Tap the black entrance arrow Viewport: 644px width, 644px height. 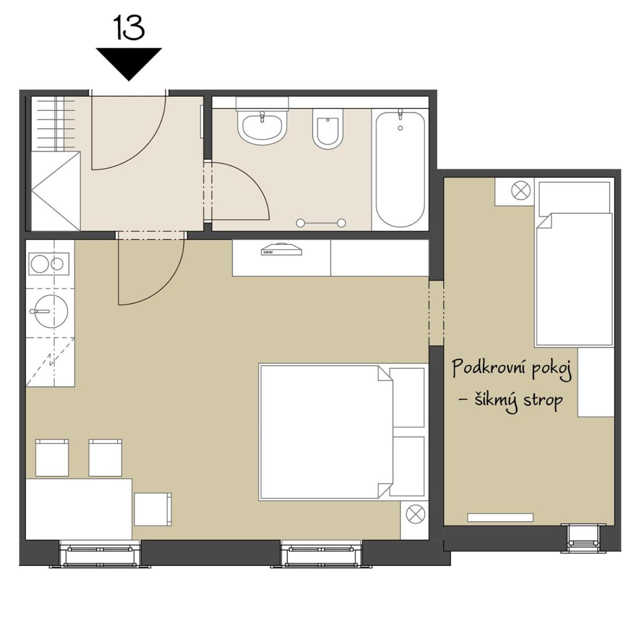129,64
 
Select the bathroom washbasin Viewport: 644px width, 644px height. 262,127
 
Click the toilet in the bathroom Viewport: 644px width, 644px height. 328,129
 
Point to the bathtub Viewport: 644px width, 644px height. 400,169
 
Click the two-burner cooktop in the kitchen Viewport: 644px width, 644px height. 49,264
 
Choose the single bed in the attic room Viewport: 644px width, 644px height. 574,263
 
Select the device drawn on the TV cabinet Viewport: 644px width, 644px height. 281,250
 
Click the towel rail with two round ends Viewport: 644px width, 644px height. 321,223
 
